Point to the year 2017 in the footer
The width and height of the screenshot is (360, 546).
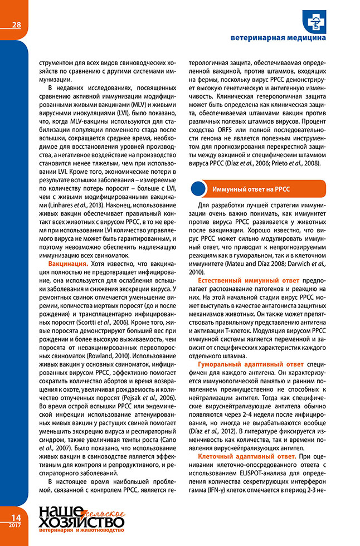click(x=15, y=525)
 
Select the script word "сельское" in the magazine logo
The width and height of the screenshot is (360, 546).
click(x=104, y=511)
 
